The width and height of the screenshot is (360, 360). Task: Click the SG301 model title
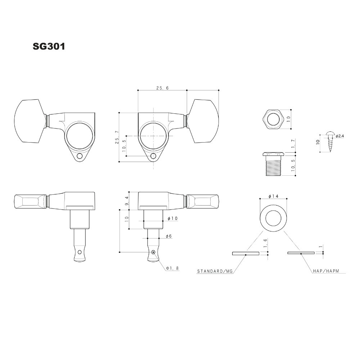49,46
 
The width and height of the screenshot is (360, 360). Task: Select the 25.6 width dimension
162,88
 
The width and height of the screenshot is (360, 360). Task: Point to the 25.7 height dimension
117,137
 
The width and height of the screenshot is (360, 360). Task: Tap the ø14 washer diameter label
273,196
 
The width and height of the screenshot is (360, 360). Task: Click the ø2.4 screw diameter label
339,136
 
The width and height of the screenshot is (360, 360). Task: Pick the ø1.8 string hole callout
172,268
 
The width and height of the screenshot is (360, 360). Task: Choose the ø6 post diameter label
169,236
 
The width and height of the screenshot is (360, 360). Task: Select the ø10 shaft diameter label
173,219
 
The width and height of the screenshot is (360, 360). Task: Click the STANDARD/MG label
215,271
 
